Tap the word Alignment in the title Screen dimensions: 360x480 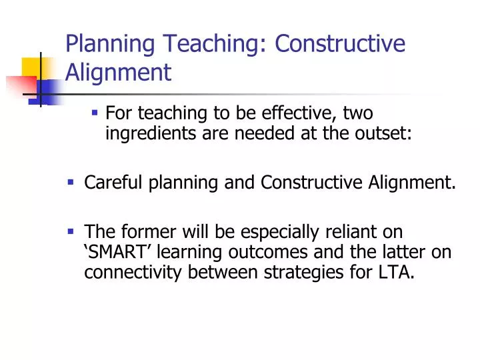(118, 71)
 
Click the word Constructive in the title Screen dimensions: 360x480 (341, 44)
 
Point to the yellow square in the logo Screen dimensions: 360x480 (33, 67)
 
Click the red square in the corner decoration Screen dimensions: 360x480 (19, 87)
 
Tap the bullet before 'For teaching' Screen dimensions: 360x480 (95, 113)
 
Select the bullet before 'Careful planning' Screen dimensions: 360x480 (70, 181)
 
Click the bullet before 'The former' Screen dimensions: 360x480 (70, 230)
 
